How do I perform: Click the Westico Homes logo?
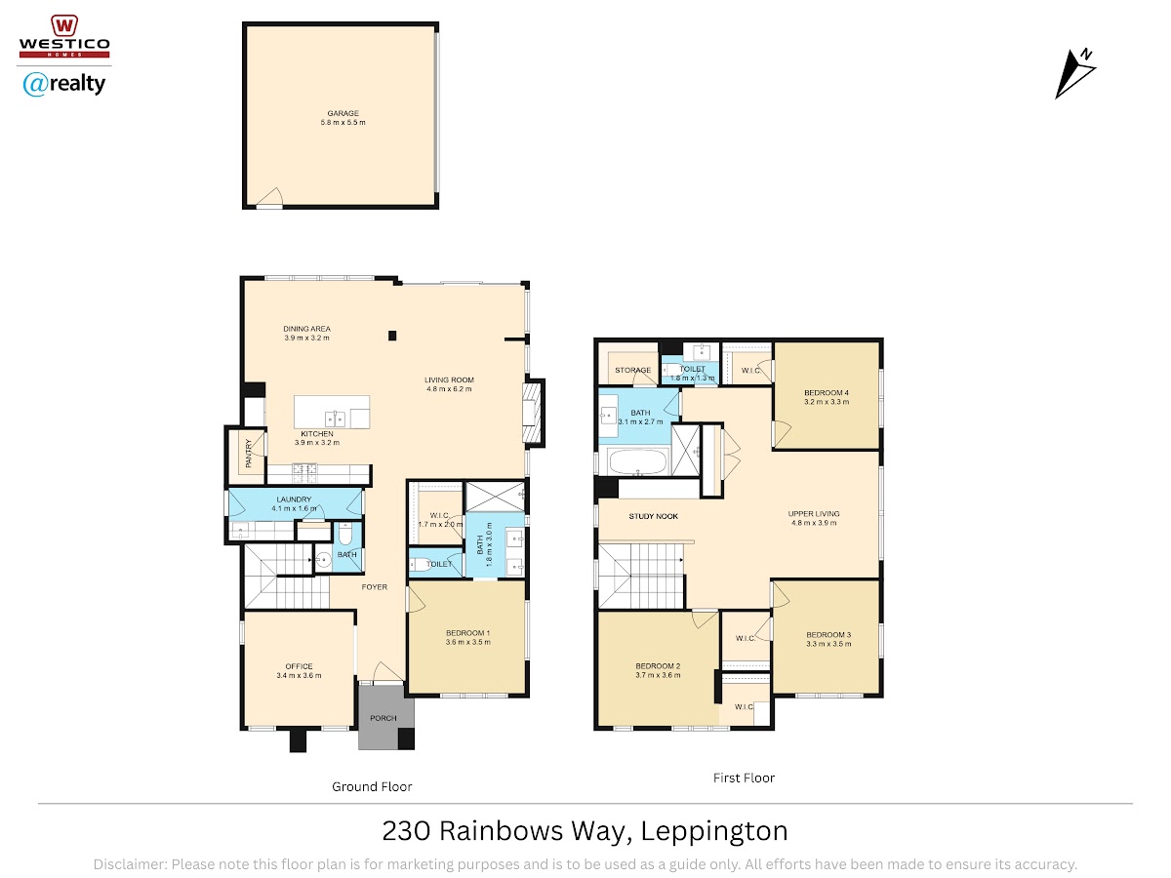point(64,36)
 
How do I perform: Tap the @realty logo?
point(64,84)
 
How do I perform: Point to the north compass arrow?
point(1074,73)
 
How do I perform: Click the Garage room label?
point(343,113)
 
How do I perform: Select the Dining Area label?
point(306,329)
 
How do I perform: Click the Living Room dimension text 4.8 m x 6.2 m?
point(449,389)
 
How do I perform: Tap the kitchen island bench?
point(332,412)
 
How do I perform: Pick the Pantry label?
point(248,454)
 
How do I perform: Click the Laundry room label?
point(294,499)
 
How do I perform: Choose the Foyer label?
point(374,587)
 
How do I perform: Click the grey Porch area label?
point(384,718)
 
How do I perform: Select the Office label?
point(299,666)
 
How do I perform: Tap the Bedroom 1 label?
point(467,633)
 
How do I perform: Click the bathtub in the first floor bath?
point(638,461)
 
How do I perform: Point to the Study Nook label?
point(653,516)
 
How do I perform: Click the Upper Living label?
point(814,514)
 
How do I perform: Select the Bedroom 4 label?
point(827,393)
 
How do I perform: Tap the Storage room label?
point(632,370)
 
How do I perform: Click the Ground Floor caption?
point(372,787)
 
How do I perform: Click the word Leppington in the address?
point(714,831)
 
